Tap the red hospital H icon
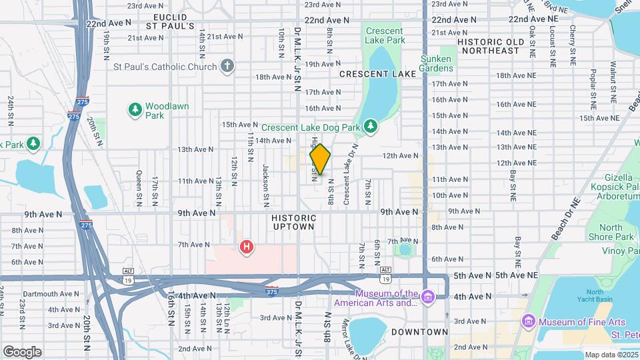[x=247, y=247]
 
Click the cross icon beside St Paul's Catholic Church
[x=227, y=66]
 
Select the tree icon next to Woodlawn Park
[x=135, y=109]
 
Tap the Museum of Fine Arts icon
[x=529, y=322]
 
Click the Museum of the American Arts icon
[x=428, y=295]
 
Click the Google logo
[x=22, y=351]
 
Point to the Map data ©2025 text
[x=609, y=355]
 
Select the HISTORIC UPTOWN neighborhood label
[x=293, y=222]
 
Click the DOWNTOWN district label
[x=419, y=332]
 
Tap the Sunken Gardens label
[x=436, y=63]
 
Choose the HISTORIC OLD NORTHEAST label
[x=497, y=46]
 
